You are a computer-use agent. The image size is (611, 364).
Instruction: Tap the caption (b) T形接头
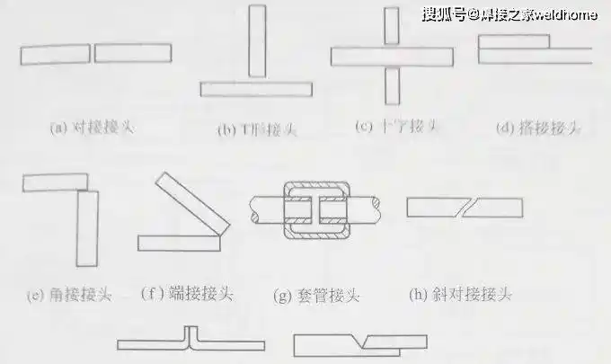[258, 129]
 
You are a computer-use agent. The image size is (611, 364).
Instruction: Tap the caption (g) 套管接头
[315, 295]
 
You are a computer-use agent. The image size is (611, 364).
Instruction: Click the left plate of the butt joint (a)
[56, 54]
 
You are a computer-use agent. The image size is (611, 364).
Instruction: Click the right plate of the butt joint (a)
[132, 54]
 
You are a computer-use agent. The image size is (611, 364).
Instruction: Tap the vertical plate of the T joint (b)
[257, 42]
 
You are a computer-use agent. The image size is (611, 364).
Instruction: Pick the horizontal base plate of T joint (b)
[256, 89]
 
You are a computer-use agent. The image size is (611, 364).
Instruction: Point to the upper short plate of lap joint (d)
[513, 41]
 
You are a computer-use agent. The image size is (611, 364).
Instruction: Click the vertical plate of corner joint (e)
[86, 228]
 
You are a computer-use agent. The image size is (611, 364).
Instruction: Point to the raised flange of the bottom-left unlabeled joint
[190, 335]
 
